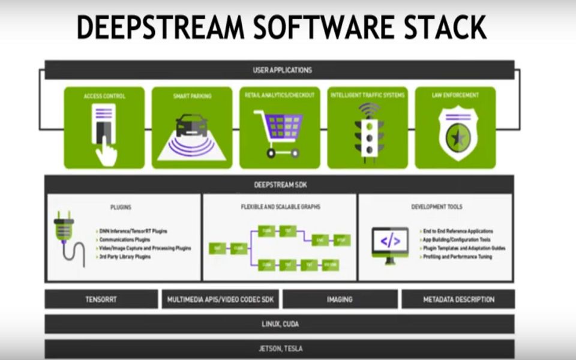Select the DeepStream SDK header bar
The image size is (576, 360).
(280, 184)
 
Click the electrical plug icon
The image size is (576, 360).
(65, 234)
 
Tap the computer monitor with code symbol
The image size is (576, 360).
(390, 242)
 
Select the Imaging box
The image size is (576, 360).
(340, 299)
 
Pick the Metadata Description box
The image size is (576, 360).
(458, 299)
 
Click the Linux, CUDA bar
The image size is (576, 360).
(280, 324)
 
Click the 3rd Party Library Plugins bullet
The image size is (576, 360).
(126, 257)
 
